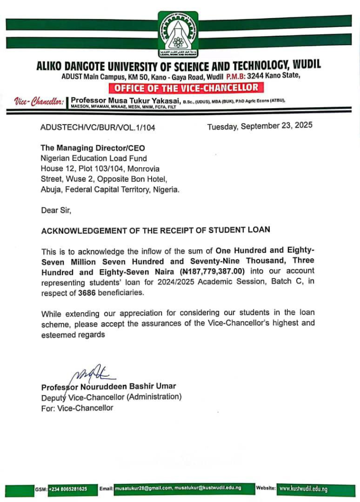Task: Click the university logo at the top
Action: (x=178, y=33)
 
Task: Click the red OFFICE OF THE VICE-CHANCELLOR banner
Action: (x=186, y=88)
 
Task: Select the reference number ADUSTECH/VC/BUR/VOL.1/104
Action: (x=98, y=127)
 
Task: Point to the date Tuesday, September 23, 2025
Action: (x=259, y=126)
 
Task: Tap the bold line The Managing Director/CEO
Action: (x=93, y=148)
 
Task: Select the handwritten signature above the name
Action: (x=92, y=375)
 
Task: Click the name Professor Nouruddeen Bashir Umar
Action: (x=108, y=387)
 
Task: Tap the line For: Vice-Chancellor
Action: (x=77, y=408)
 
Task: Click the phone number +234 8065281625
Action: (x=68, y=489)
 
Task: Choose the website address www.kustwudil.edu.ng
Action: (x=303, y=489)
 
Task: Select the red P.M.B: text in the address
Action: (x=235, y=76)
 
